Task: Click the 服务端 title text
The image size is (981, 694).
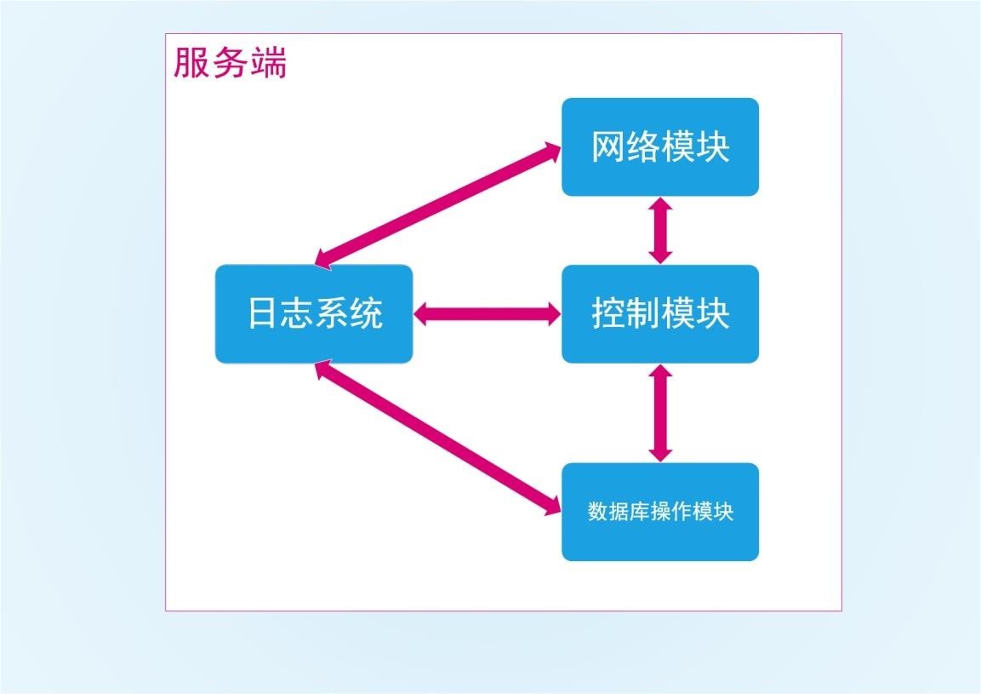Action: pyautogui.click(x=231, y=64)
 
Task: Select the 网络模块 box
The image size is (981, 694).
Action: pyautogui.click(x=659, y=146)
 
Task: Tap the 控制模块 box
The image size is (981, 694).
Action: pyautogui.click(x=659, y=313)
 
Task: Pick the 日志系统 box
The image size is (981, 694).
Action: pyautogui.click(x=313, y=313)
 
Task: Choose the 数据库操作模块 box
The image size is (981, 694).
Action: pyautogui.click(x=659, y=512)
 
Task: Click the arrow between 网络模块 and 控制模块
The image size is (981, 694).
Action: pyautogui.click(x=660, y=230)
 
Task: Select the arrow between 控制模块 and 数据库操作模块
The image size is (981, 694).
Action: pyautogui.click(x=660, y=413)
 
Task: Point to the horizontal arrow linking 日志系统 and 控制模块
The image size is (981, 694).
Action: pyautogui.click(x=487, y=314)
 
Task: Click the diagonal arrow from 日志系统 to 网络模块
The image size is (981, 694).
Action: pyautogui.click(x=438, y=205)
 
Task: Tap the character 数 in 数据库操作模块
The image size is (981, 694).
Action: pyautogui.click(x=596, y=512)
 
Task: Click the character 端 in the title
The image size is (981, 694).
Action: pyautogui.click(x=269, y=64)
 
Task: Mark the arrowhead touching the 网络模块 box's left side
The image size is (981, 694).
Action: pyautogui.click(x=552, y=152)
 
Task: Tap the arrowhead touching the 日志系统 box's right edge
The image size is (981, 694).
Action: pyautogui.click(x=423, y=314)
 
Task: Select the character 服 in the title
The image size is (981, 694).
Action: pyautogui.click(x=191, y=64)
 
